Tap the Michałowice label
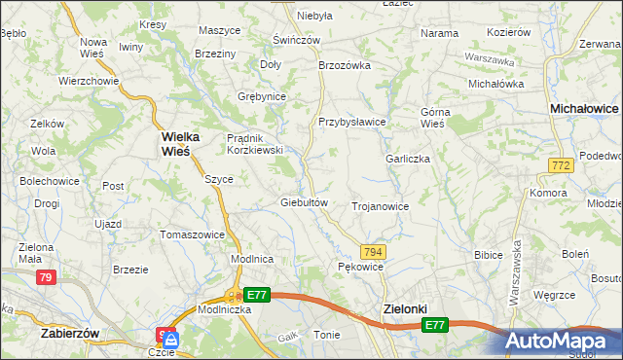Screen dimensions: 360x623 [x=584, y=109]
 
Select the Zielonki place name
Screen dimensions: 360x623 [x=401, y=309]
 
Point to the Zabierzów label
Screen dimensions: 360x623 [x=71, y=333]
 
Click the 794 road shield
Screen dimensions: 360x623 [x=375, y=251]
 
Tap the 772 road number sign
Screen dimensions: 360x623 [x=560, y=167]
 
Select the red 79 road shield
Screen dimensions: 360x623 [x=45, y=277]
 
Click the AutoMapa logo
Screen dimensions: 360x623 [x=562, y=342]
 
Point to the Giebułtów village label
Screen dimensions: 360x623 [x=308, y=202]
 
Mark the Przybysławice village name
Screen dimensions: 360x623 [x=352, y=122]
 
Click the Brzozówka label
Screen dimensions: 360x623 [x=346, y=65]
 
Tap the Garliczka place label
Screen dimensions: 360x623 [x=408, y=158]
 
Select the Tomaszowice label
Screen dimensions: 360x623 [x=193, y=234]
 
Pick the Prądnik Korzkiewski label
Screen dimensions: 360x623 [x=254, y=144]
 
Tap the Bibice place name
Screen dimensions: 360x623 [x=488, y=255]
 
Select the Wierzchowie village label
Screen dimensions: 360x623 [x=89, y=81]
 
